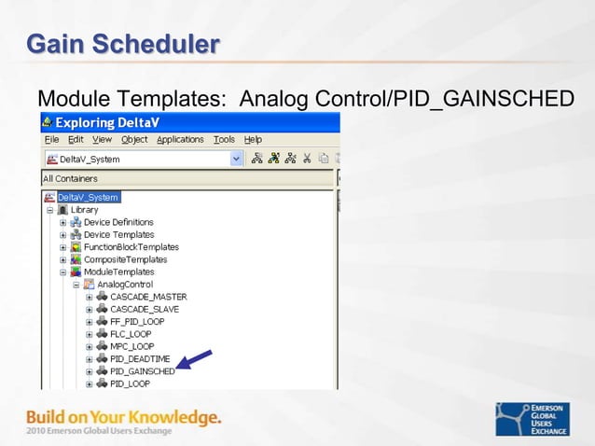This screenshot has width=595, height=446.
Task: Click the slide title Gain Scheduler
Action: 123,44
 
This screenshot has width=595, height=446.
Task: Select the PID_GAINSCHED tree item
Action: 142,371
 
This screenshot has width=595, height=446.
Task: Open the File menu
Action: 52,139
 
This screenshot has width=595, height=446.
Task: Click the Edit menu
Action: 76,139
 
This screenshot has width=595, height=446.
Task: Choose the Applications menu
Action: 180,139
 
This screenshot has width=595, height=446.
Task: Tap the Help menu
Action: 253,139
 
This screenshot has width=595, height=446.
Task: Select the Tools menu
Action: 224,139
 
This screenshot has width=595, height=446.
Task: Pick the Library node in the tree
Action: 84,210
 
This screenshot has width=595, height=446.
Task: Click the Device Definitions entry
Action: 118,222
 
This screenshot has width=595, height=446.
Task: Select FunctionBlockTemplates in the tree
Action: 131,247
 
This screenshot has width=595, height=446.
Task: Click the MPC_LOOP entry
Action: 132,346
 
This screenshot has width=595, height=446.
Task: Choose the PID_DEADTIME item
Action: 140,358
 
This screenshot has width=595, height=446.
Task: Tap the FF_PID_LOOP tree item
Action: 137,321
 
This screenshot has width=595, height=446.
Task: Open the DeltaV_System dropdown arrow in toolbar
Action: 236,159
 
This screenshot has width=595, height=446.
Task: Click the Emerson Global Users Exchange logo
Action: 538,419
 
